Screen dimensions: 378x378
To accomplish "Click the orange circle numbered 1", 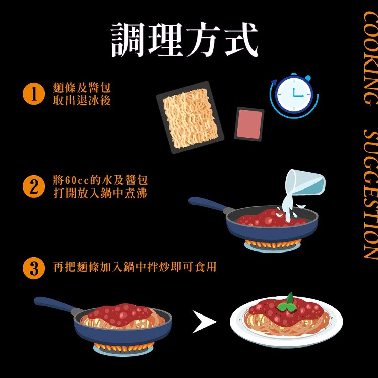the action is click(34, 94).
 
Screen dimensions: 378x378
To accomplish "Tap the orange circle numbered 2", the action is click(34, 186).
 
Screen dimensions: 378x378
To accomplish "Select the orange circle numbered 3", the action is click(34, 268).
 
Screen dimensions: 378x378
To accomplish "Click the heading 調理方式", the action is click(184, 40).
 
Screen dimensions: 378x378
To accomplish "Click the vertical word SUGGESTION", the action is click(370, 195).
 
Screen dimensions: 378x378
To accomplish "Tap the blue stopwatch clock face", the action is click(294, 95).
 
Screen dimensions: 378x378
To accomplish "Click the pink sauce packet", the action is click(249, 124).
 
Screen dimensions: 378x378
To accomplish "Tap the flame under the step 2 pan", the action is click(273, 244).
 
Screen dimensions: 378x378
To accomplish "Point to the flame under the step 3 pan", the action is click(123, 347).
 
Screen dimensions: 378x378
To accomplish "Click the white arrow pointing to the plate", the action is click(204, 322).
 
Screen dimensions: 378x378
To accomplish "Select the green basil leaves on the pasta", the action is click(287, 303).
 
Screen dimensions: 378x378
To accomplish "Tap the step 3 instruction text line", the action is click(135, 267).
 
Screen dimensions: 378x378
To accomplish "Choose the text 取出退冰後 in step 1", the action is click(82, 100).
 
